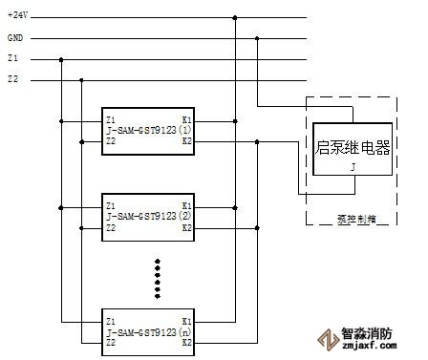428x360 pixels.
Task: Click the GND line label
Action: (x=14, y=38)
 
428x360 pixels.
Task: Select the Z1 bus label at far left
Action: (x=12, y=59)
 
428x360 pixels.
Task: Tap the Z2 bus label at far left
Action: (x=12, y=79)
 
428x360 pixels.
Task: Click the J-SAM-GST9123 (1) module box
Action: (x=148, y=130)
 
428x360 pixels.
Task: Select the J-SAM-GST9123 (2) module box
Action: (x=148, y=217)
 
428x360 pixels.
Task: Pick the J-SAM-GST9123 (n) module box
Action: (x=148, y=330)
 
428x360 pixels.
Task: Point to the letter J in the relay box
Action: (x=353, y=165)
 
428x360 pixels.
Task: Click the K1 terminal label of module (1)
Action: (x=186, y=119)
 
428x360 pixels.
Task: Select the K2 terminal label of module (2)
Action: (x=186, y=228)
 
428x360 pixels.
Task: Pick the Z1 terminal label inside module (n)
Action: (x=112, y=321)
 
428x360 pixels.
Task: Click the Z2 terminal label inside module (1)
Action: (x=112, y=141)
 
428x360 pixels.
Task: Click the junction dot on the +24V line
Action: (x=235, y=17)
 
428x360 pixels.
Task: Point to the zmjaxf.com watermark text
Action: (x=367, y=349)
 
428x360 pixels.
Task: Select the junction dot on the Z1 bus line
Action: (x=61, y=59)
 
